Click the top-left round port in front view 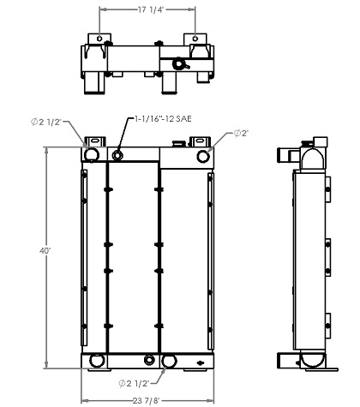[x=90, y=154]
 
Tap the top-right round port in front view [x=203, y=155]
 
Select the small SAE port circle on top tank [x=118, y=155]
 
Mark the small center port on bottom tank [x=150, y=358]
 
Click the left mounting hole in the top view [x=99, y=39]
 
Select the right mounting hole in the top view [x=198, y=39]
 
